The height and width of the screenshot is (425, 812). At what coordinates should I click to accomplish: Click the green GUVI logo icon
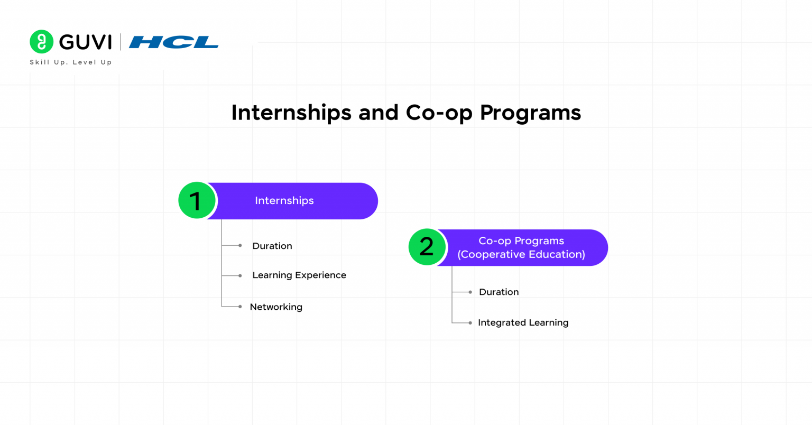coord(41,42)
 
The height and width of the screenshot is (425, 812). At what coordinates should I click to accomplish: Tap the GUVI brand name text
coord(85,42)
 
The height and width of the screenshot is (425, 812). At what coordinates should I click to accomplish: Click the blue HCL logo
coord(173,42)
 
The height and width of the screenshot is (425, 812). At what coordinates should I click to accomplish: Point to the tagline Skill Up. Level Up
coord(71,62)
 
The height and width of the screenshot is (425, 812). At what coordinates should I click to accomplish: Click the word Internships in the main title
coord(292,113)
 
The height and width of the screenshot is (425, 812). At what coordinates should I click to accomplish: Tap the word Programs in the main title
coord(530,113)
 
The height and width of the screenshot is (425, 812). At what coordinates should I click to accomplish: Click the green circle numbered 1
coord(197,201)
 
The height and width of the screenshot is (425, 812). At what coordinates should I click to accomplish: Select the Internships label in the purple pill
coord(284,201)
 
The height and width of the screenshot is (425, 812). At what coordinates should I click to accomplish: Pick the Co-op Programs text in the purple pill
coord(521,241)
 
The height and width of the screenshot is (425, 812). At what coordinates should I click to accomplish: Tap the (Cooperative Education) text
coord(521,254)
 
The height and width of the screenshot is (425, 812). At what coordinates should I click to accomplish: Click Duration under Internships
coord(272,246)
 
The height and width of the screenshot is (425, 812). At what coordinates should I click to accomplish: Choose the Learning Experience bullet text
coord(299,275)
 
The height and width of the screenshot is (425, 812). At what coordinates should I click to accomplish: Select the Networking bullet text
coord(276,307)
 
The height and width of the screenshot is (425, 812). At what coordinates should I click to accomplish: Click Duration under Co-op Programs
coord(499,292)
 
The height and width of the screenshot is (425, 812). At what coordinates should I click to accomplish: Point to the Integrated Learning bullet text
coord(523,322)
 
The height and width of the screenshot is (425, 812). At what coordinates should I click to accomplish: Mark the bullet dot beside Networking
coord(240,307)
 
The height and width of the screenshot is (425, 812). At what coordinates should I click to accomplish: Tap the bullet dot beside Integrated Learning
coord(470,322)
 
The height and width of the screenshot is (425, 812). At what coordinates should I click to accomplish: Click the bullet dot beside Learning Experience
coord(240,275)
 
